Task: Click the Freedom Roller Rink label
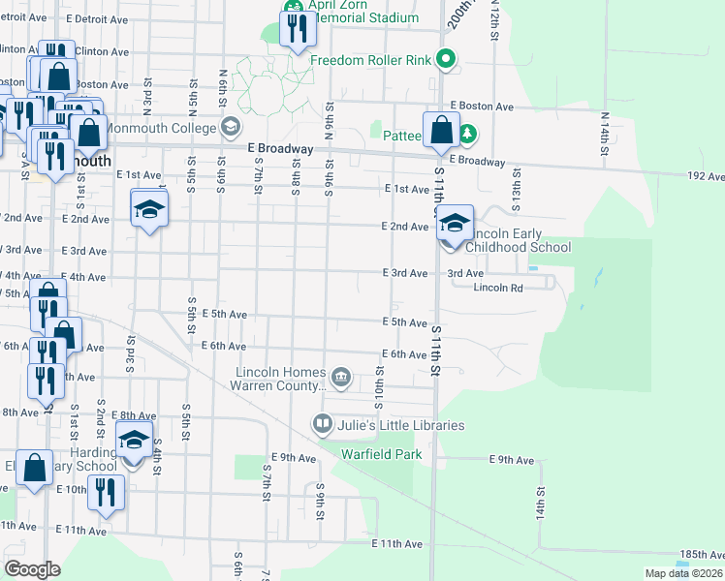(370, 60)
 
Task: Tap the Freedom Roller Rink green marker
(446, 60)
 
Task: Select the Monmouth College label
(160, 127)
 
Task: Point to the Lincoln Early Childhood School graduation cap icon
(454, 224)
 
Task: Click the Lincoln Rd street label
(498, 288)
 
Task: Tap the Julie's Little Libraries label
(400, 425)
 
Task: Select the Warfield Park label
(381, 453)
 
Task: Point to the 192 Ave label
(705, 176)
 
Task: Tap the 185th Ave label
(701, 555)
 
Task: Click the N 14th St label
(604, 134)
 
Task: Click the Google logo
(32, 568)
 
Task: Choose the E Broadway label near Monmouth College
(280, 149)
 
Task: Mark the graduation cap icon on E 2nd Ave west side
(149, 210)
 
